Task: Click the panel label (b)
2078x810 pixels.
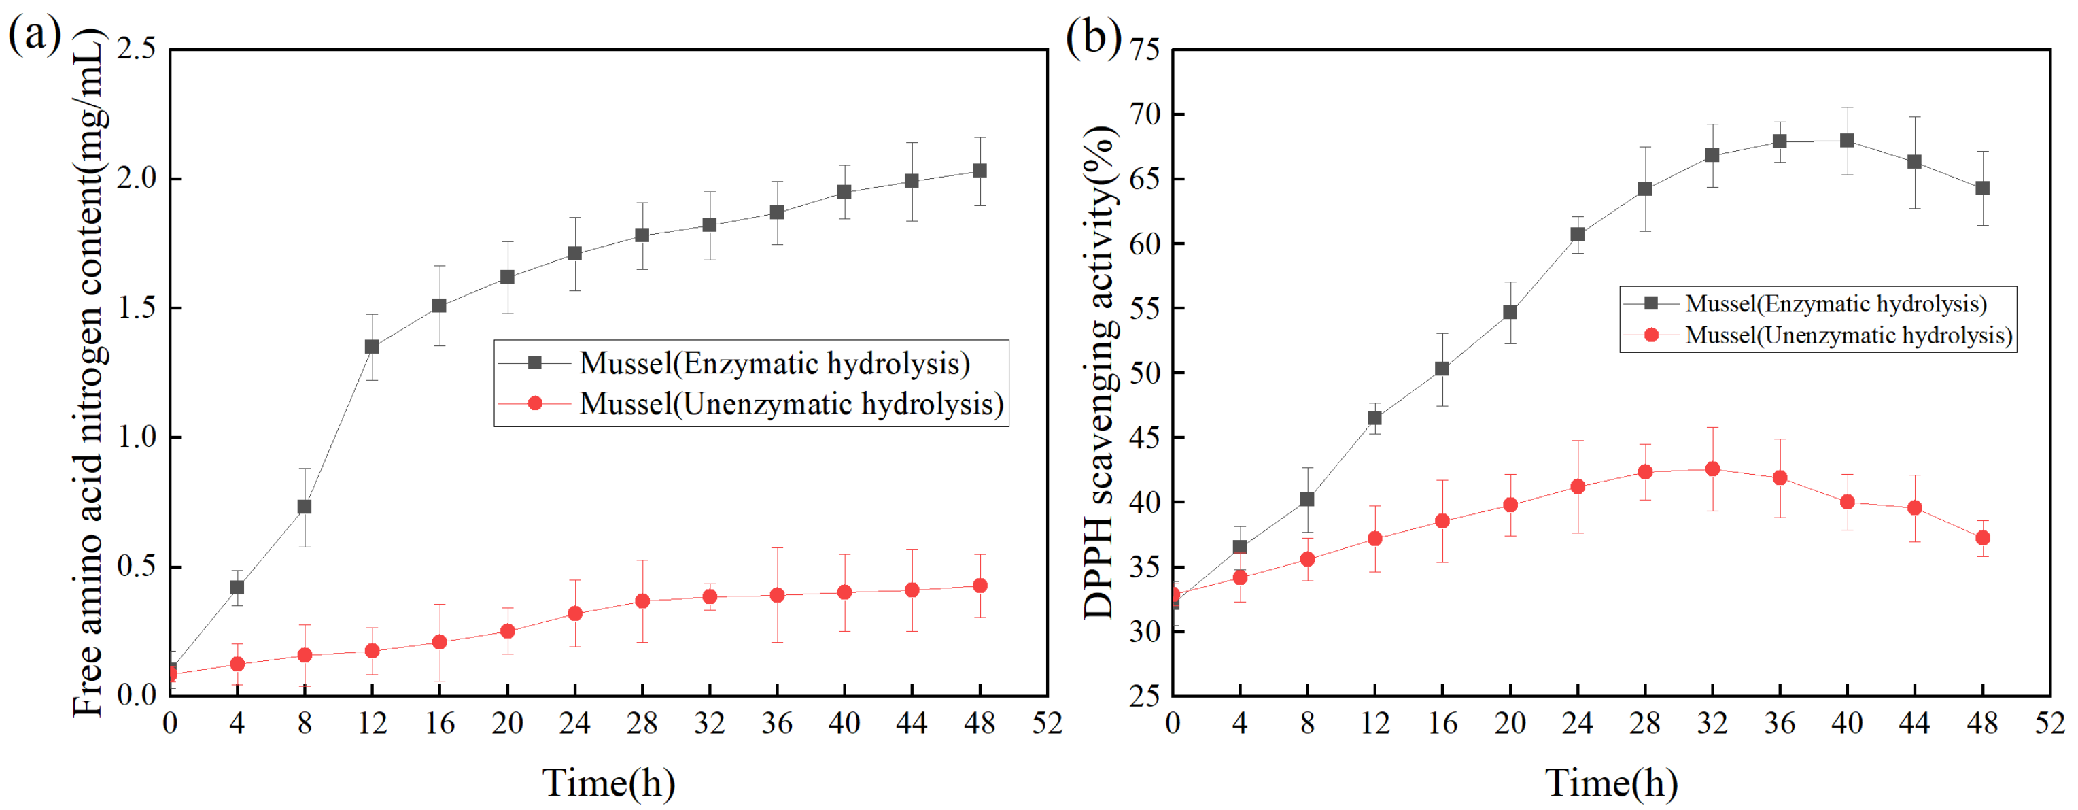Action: coord(1092,36)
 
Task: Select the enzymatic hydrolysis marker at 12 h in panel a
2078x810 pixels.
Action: coord(372,347)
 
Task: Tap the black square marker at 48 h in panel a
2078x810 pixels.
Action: coord(980,171)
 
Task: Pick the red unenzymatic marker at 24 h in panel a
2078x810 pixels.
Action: coord(574,614)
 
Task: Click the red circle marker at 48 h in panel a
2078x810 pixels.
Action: coord(980,586)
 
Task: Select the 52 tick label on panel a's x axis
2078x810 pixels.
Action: coord(1046,724)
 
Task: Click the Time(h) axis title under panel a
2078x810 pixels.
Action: coord(608,783)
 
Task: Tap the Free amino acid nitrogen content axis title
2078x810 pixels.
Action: coord(89,371)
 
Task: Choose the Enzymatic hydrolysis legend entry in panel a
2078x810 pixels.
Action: coord(774,364)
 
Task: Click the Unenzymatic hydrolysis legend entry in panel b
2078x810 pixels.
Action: coord(1848,335)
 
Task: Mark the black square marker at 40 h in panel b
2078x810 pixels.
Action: coord(1846,140)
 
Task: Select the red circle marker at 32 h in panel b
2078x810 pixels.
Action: coord(1712,469)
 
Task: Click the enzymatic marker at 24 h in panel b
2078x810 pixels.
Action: coord(1577,235)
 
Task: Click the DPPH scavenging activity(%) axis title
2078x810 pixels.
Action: coord(1101,371)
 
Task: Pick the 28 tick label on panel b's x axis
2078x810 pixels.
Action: coord(1644,724)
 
